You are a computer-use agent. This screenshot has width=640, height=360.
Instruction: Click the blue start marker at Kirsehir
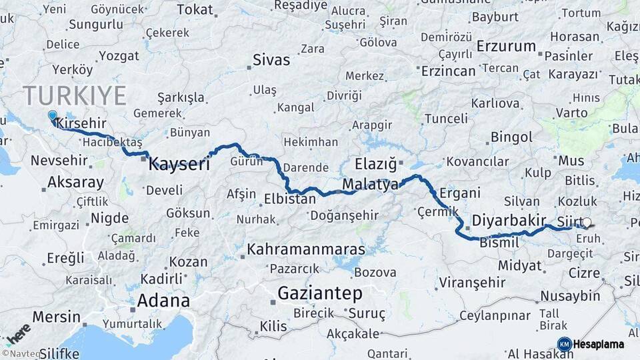(53, 115)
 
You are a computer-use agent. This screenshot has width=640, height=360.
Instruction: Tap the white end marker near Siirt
(587, 223)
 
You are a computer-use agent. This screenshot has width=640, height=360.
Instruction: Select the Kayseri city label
(179, 163)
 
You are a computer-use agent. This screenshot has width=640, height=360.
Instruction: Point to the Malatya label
(370, 184)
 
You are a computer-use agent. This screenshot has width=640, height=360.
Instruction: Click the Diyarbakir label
(509, 220)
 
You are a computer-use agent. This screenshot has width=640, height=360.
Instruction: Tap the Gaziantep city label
(320, 293)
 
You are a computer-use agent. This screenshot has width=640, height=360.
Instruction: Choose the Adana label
(163, 300)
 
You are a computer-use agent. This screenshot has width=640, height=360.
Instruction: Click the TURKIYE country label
(75, 96)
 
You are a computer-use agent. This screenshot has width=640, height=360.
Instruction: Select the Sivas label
(271, 60)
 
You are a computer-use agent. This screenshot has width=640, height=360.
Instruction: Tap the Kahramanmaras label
(306, 249)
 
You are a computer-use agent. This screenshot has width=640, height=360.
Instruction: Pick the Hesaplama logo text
(599, 345)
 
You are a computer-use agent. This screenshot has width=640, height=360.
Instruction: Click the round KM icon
(564, 345)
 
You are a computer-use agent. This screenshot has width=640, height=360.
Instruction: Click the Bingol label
(511, 137)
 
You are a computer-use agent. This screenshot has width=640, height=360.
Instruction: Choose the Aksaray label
(75, 182)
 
